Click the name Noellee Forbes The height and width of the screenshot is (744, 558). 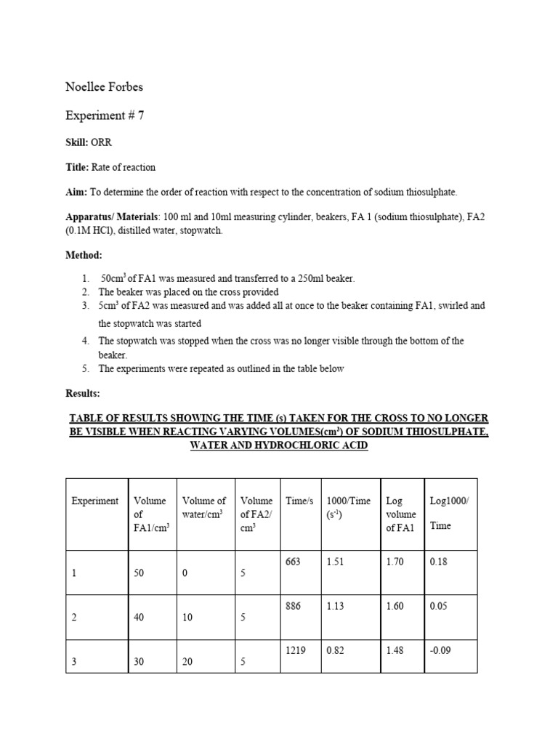click(104, 87)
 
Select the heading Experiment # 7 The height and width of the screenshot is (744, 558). click(105, 115)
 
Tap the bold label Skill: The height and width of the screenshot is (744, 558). click(76, 142)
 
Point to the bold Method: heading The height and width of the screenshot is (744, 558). click(84, 256)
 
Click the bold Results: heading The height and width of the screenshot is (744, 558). click(83, 393)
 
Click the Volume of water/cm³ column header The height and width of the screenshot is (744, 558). click(204, 506)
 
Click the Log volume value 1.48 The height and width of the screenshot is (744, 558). click(395, 652)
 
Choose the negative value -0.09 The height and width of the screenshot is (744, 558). click(440, 652)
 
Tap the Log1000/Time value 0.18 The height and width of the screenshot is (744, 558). click(438, 562)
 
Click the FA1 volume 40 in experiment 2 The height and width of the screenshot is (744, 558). click(139, 618)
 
